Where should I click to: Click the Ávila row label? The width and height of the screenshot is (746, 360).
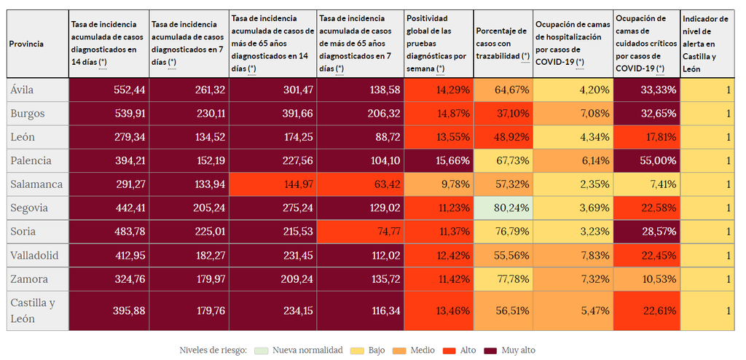pos(23,90)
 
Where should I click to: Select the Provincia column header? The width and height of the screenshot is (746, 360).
pos(26,44)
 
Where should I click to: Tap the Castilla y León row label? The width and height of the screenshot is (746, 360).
pos(33,310)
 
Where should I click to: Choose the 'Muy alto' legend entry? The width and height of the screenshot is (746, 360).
pos(510,351)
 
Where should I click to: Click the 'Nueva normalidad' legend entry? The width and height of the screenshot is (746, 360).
pos(299,351)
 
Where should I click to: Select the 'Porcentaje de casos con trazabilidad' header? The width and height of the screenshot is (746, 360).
pos(503,44)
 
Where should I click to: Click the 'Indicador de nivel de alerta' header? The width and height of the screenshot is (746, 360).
pos(704,44)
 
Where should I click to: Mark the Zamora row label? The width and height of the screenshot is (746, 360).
pos(29,279)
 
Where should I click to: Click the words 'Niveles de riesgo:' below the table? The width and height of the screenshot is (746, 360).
pos(213,351)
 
